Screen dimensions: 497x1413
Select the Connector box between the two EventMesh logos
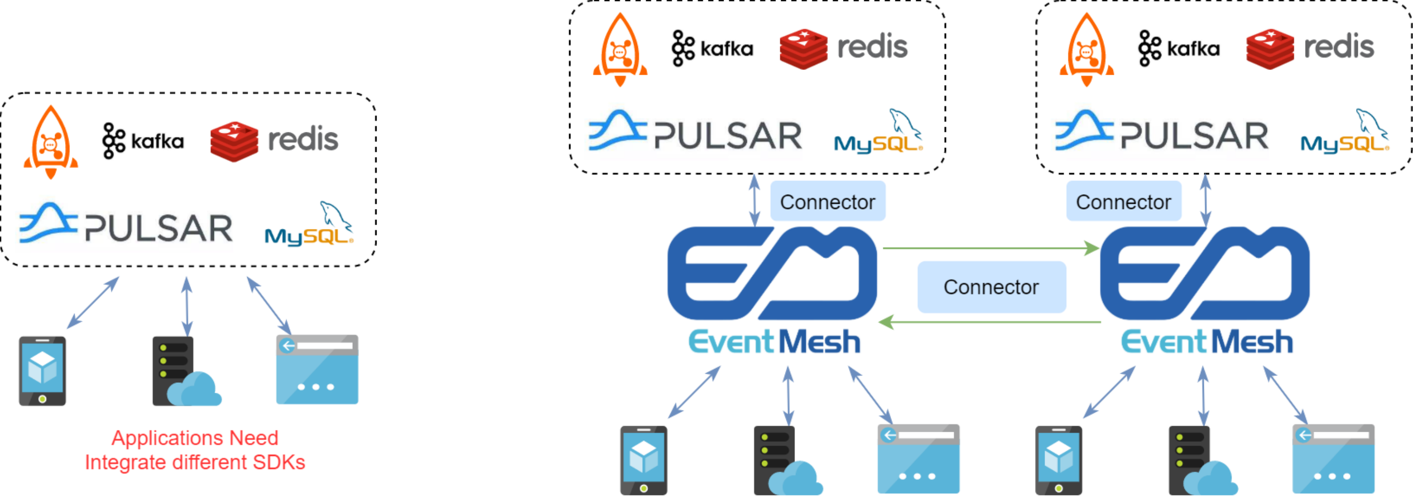pyautogui.click(x=991, y=287)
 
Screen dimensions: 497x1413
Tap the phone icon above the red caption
pyautogui.click(x=42, y=371)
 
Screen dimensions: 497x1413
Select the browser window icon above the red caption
pyautogui.click(x=317, y=369)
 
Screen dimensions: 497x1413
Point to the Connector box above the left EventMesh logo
pyautogui.click(x=827, y=201)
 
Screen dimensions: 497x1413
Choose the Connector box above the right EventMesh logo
pyautogui.click(x=1123, y=201)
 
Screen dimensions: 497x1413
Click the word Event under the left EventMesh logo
pyautogui.click(x=731, y=342)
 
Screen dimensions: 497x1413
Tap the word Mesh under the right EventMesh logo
pyautogui.click(x=1252, y=342)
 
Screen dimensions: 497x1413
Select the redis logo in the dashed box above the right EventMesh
pyautogui.click(x=1310, y=48)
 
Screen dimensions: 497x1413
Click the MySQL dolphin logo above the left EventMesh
pyautogui.click(x=878, y=132)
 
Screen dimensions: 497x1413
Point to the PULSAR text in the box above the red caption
pyautogui.click(x=158, y=228)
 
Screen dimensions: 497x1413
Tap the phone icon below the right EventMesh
pyautogui.click(x=1058, y=460)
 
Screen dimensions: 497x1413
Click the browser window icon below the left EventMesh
pyautogui.click(x=918, y=459)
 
